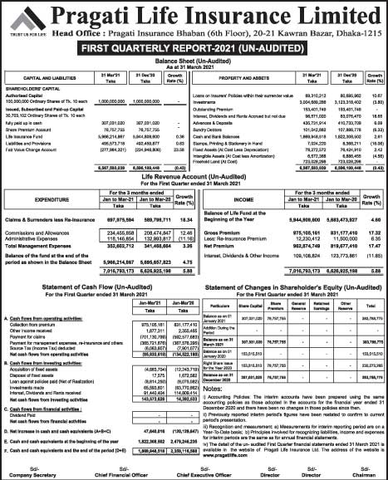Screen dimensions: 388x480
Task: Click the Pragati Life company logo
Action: coord(18,17)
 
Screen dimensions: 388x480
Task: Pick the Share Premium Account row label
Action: coord(30,129)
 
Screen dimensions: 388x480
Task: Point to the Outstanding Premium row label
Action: coord(222,109)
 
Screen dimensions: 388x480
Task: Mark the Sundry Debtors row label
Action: coord(215,129)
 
